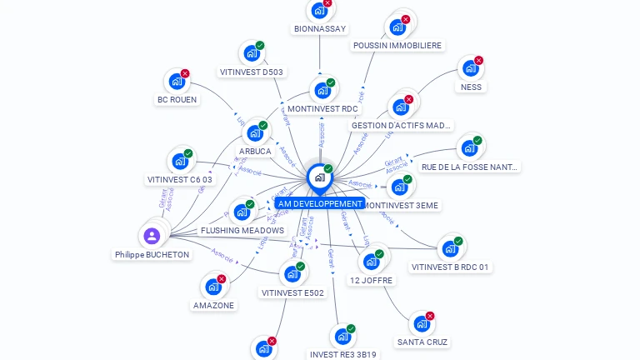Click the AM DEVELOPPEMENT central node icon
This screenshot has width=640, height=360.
[x=319, y=177]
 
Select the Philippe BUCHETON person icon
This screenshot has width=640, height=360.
[x=152, y=236]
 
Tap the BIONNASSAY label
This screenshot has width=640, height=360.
[x=320, y=28]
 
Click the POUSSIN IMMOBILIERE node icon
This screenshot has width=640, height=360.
[x=397, y=26]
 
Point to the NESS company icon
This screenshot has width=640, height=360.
[x=470, y=68]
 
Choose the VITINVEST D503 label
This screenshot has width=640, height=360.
[x=252, y=72]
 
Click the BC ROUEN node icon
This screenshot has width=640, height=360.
[x=176, y=82]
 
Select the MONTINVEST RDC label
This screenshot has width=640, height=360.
[x=322, y=108]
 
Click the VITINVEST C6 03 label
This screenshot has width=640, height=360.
[x=180, y=179]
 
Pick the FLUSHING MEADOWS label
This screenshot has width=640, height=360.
[x=242, y=230]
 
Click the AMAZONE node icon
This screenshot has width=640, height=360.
[x=213, y=287]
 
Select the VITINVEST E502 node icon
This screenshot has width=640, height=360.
[x=292, y=274]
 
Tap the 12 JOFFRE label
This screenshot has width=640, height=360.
[x=371, y=280]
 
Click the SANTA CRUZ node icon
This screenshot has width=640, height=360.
[x=422, y=323]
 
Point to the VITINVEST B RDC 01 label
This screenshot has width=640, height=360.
[x=450, y=267]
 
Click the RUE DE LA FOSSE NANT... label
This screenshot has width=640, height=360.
[x=470, y=167]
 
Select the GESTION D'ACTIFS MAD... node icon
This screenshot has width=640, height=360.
[x=400, y=107]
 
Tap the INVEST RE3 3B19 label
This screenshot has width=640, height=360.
[x=342, y=354]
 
